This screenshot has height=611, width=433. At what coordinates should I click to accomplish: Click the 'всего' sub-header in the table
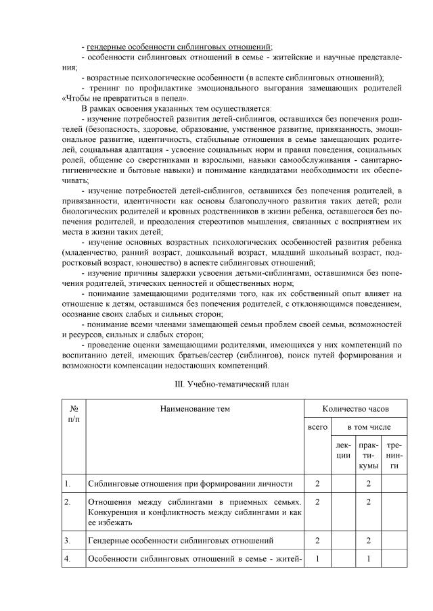(318, 427)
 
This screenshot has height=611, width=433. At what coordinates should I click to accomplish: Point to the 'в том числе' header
(369, 427)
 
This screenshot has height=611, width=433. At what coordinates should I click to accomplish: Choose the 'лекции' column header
(344, 451)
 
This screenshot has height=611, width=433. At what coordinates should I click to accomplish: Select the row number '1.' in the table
(68, 484)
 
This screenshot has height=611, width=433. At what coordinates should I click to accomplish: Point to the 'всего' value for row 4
(318, 559)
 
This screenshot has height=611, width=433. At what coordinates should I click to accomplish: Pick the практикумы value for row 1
(369, 484)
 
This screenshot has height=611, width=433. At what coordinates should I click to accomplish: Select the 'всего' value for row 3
(318, 540)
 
